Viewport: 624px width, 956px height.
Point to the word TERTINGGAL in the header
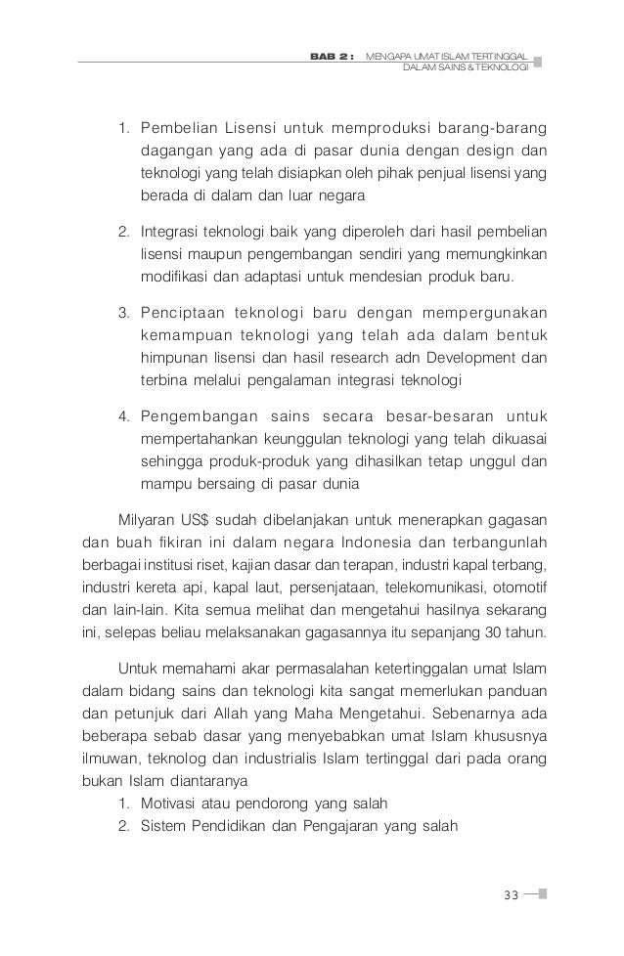click(x=497, y=58)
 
